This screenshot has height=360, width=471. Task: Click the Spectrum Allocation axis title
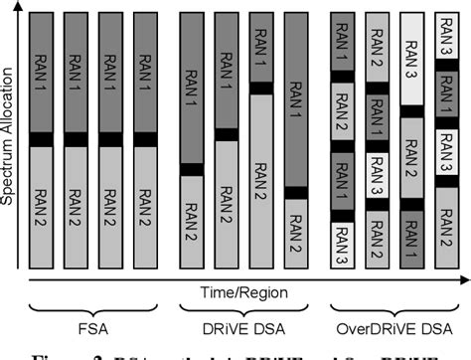pyautogui.click(x=9, y=139)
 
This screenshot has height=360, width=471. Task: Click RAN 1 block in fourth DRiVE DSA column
pyautogui.click(x=295, y=99)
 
